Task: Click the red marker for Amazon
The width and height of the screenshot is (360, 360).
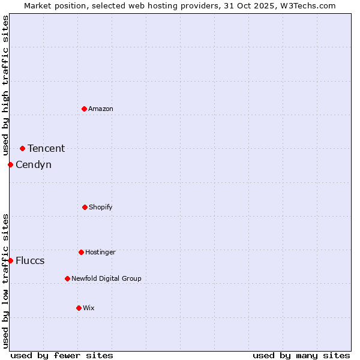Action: [x=84, y=109]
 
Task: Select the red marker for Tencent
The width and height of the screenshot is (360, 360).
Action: [x=22, y=148]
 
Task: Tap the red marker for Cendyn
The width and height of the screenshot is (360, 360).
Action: [x=10, y=164]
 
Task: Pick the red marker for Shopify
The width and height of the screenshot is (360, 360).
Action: [x=85, y=207]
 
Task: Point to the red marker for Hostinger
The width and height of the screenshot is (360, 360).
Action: [x=81, y=252]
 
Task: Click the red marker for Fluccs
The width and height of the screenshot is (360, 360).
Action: [x=10, y=260]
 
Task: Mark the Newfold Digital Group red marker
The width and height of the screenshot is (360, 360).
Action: [x=67, y=278]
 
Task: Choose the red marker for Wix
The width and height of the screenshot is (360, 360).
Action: [x=79, y=308]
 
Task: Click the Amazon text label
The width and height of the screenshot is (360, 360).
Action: [x=101, y=109]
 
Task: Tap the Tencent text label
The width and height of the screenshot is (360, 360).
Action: [x=46, y=148]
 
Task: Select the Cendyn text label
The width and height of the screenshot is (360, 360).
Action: [x=34, y=164]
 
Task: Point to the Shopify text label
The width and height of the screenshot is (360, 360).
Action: [x=101, y=207]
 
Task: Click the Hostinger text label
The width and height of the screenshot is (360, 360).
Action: [x=100, y=252]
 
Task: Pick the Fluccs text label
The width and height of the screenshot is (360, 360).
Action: [x=30, y=260]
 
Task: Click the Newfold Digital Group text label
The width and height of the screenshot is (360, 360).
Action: [x=106, y=278]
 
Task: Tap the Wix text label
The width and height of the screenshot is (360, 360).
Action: [x=89, y=308]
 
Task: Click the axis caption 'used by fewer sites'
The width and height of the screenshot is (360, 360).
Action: [x=62, y=355]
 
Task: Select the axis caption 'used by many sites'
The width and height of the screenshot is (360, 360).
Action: [x=301, y=355]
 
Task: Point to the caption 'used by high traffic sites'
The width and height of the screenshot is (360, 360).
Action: [x=5, y=85]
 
